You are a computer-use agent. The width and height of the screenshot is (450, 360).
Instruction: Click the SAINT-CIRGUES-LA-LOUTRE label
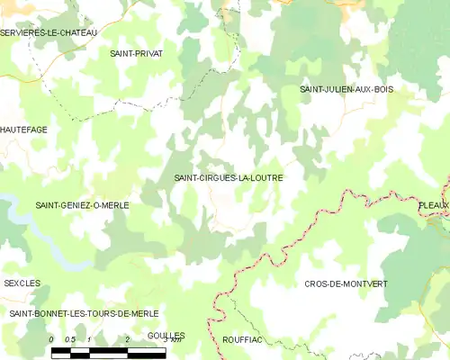point(229,178)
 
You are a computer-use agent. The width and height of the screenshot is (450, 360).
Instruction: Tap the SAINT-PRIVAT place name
point(136,54)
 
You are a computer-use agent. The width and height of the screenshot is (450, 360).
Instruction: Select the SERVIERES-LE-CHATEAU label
point(49,32)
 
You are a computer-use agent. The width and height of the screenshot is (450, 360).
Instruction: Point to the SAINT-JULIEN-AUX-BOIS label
point(346,89)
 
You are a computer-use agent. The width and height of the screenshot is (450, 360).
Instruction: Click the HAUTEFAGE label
point(24,130)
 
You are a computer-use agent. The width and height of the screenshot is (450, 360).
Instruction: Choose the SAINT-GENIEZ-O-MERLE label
point(82,205)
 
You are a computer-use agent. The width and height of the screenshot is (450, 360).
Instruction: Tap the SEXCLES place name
point(22,283)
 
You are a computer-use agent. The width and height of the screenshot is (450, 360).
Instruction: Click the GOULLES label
point(166,334)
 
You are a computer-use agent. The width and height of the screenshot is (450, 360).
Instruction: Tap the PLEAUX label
point(434,205)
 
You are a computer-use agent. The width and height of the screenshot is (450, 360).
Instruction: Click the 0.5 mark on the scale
point(70,339)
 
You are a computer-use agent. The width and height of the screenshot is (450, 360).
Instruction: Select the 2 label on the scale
point(128,339)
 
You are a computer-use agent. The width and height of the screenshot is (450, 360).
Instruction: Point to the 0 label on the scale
point(52,339)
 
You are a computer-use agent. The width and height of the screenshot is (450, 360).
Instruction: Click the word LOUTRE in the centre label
point(262,178)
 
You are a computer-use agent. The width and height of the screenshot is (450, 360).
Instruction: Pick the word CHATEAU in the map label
point(76,32)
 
